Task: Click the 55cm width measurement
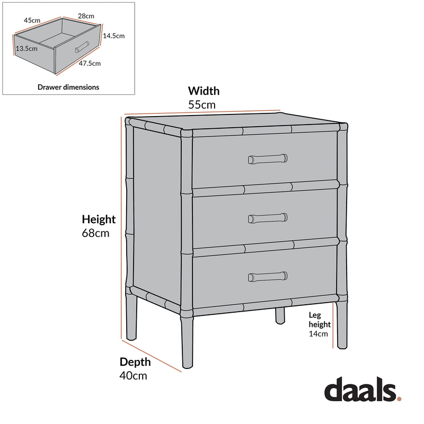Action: pos(202,104)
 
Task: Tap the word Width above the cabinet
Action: pos(204,91)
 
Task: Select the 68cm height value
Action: pos(96,233)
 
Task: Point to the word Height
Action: pos(99,219)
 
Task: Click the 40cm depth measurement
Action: pos(133,376)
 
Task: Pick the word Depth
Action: pos(135,362)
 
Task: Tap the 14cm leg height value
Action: pos(319,334)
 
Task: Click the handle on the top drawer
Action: pos(268,158)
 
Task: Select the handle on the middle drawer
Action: pos(268,217)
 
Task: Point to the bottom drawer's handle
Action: pos(268,276)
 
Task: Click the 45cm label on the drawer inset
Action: pos(32,20)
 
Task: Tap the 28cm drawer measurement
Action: pos(86,16)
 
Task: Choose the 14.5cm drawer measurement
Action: pos(114,36)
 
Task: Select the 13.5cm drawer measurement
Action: pos(26,48)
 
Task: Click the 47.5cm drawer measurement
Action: pos(90,63)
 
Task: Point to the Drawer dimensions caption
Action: pos(68,87)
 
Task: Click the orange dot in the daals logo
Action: pos(399,398)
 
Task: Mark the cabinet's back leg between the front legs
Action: pos(279,316)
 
